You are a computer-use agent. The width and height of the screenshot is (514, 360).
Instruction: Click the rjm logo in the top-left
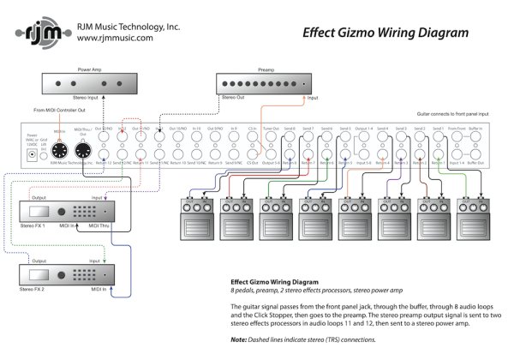(33, 32)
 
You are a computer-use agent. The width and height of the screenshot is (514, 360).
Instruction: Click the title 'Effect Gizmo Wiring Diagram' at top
(385, 33)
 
